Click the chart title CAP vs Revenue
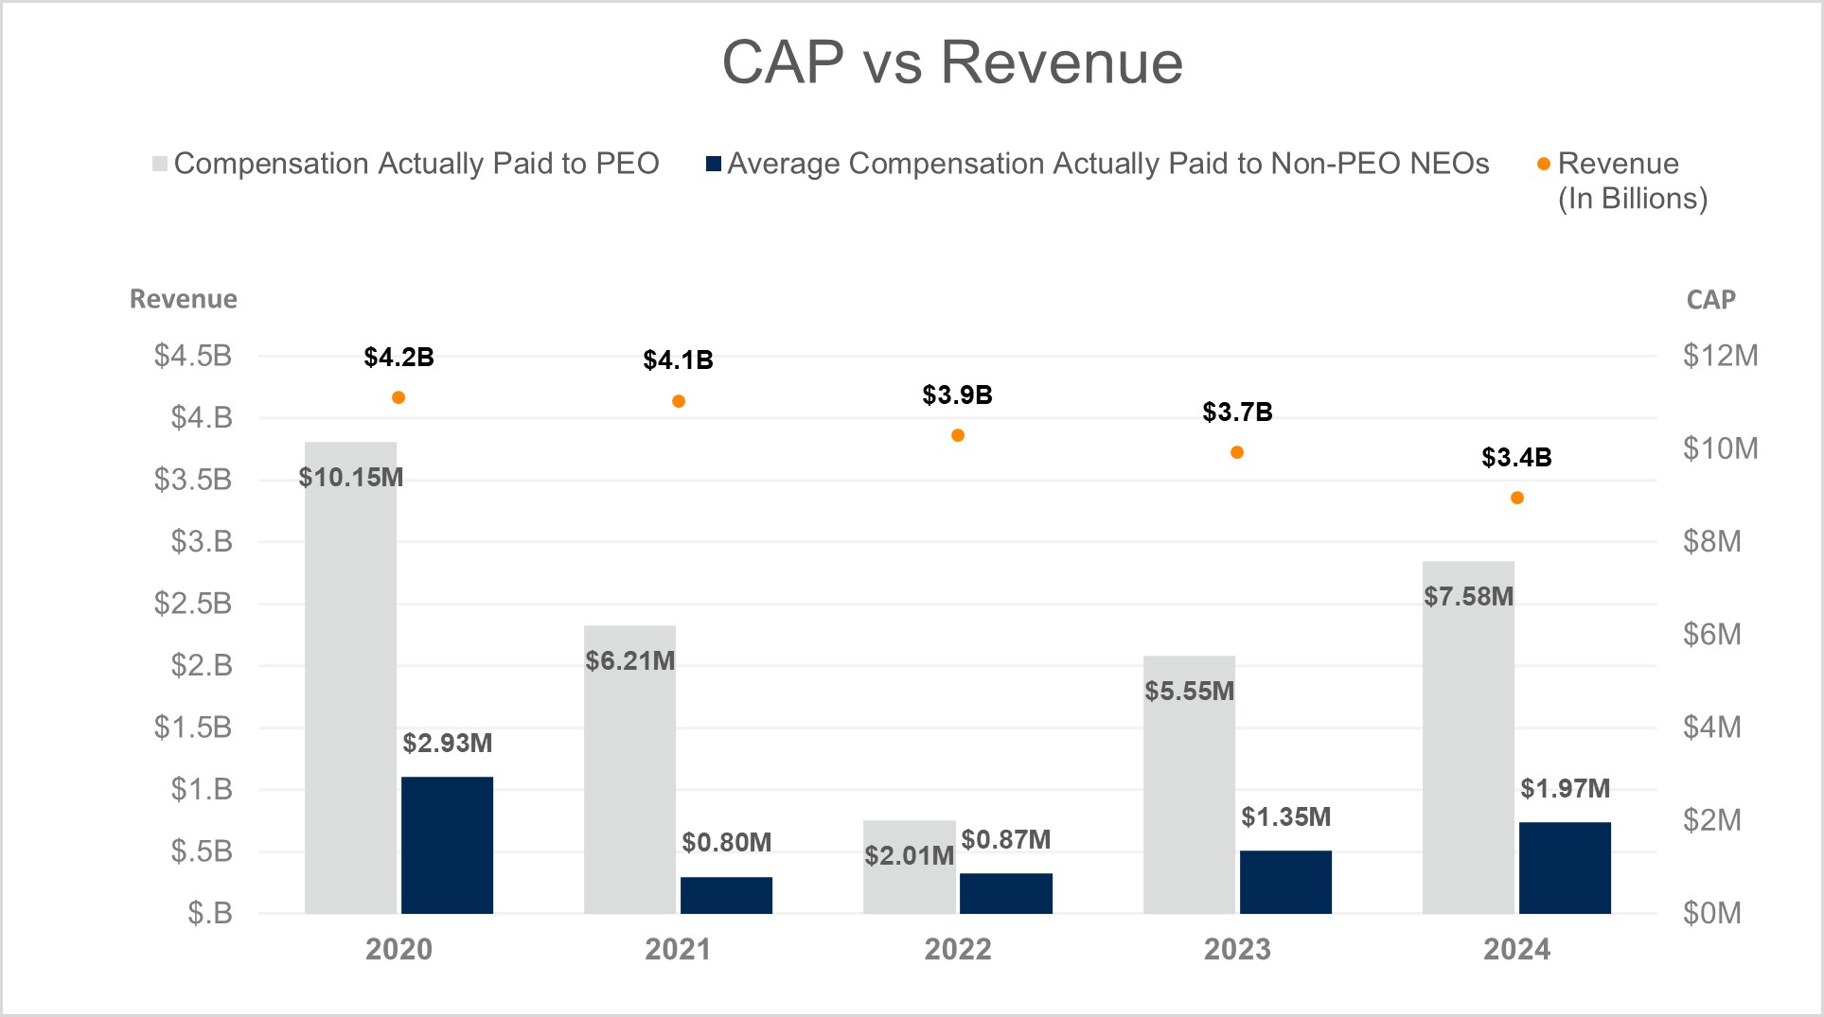click(x=952, y=63)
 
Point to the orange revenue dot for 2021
click(x=679, y=401)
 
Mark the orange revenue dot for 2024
click(x=1517, y=498)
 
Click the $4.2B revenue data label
click(x=398, y=358)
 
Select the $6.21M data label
click(x=629, y=661)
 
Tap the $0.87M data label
click(x=1005, y=840)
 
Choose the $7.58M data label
click(x=1468, y=597)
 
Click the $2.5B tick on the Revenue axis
click(x=193, y=604)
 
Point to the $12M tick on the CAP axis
click(x=1720, y=356)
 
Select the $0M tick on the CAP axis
click(x=1711, y=913)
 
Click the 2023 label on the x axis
click(x=1237, y=950)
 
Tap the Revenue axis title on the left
click(x=184, y=299)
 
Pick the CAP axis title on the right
click(x=1710, y=300)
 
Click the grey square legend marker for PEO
click(x=160, y=164)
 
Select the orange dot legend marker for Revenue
click(x=1543, y=164)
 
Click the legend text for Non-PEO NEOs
click(x=1107, y=164)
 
